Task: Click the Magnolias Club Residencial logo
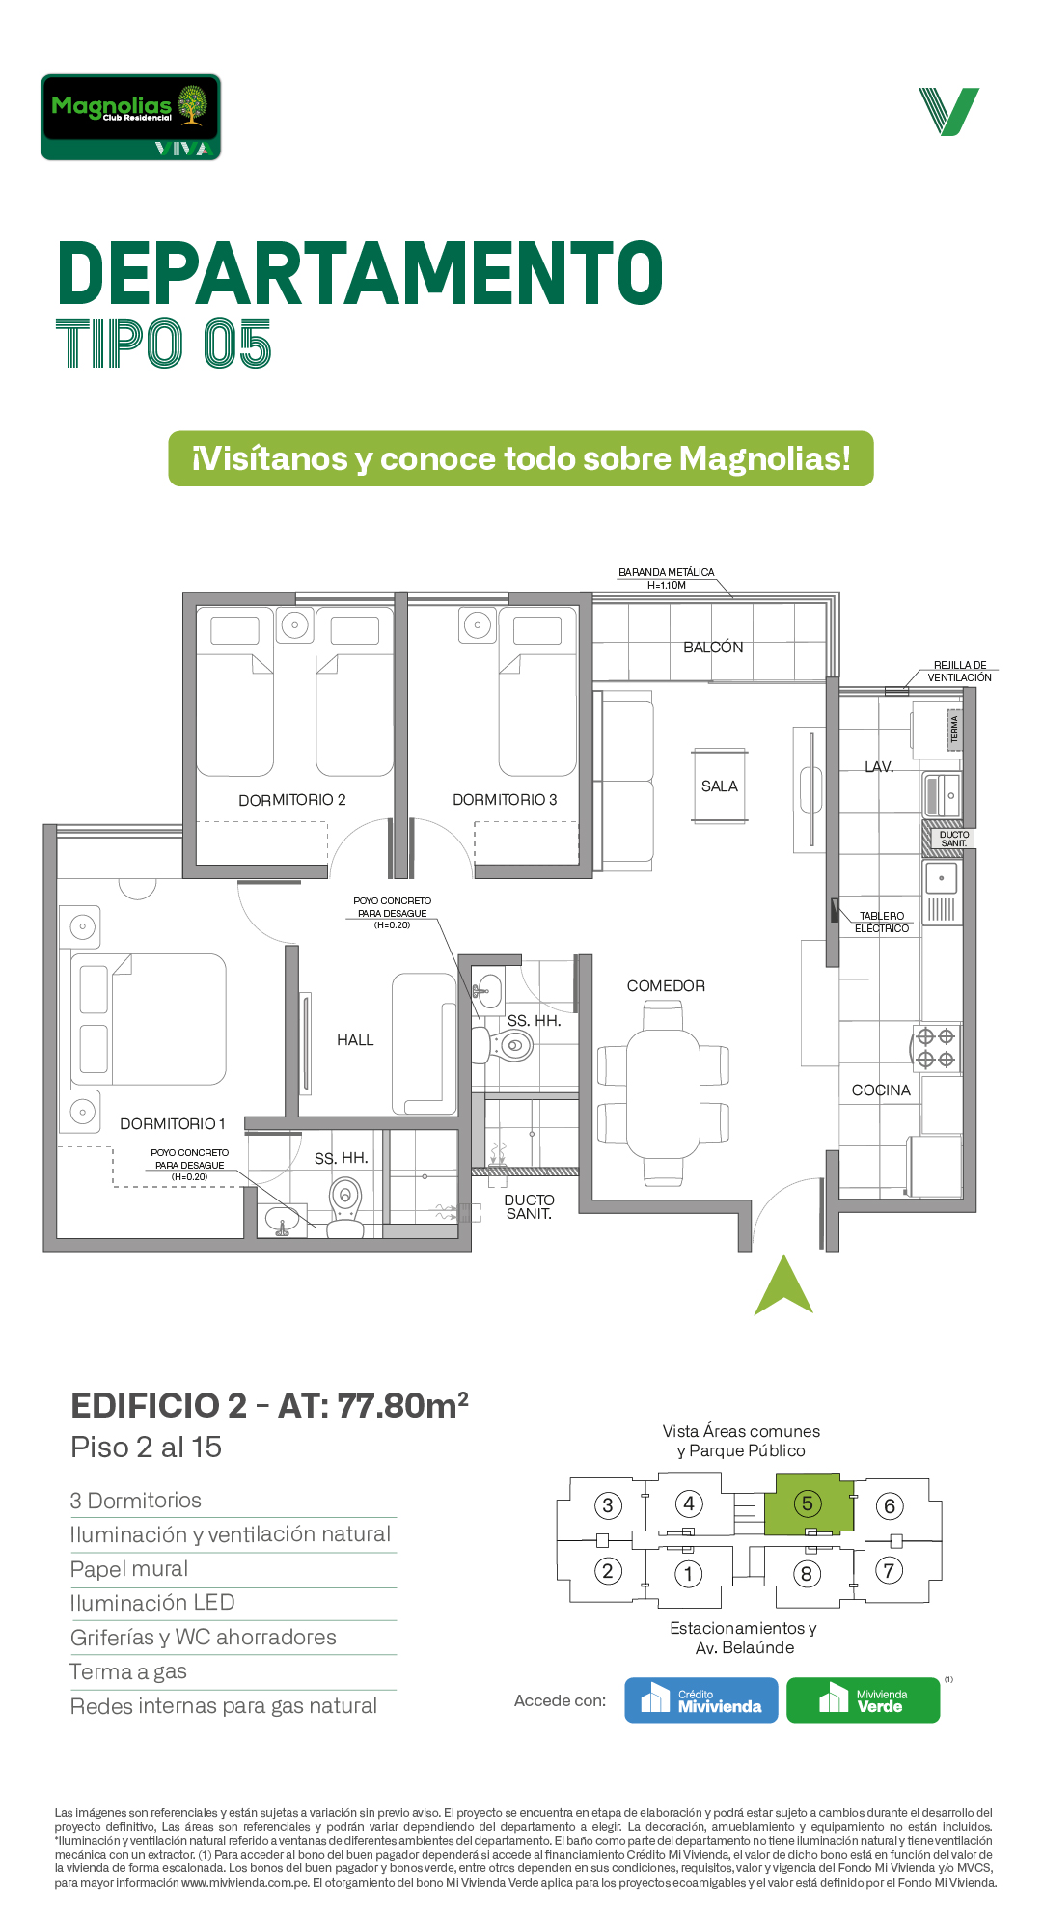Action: coord(131,117)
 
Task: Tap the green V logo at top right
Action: coord(949,111)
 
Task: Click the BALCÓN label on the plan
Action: coord(713,647)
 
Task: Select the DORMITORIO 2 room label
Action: coord(292,800)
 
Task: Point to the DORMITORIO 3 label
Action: coord(505,800)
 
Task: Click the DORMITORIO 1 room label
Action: coord(173,1124)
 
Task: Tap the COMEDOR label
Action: coord(666,986)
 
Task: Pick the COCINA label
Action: coord(881,1090)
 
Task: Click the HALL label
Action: coord(355,1040)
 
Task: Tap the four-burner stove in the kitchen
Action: coord(936,1048)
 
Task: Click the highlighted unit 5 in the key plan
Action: coord(809,1503)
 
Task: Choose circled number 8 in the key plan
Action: coord(807,1574)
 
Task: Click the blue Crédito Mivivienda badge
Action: coord(701,1700)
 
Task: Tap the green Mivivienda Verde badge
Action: coord(864,1700)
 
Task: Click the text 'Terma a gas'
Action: coord(128,1672)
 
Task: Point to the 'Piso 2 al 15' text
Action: coord(147,1448)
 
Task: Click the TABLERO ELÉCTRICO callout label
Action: coord(882,923)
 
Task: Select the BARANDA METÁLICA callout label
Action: coord(667,578)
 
